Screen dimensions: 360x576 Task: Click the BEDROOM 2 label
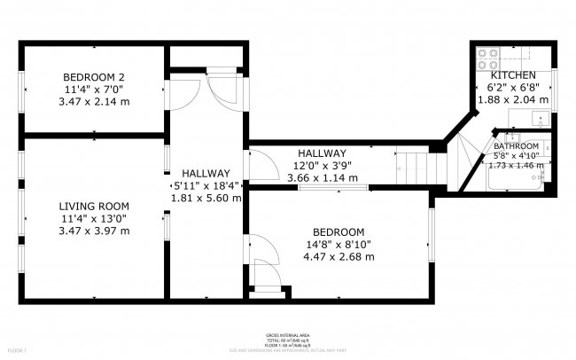click(92, 75)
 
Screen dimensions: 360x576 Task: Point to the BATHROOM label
click(517, 146)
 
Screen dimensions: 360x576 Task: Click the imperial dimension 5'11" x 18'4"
click(206, 186)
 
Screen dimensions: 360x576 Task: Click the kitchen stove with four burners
click(487, 59)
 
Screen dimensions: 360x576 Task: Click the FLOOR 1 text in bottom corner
click(11, 352)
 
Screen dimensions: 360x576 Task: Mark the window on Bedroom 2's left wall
click(22, 88)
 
